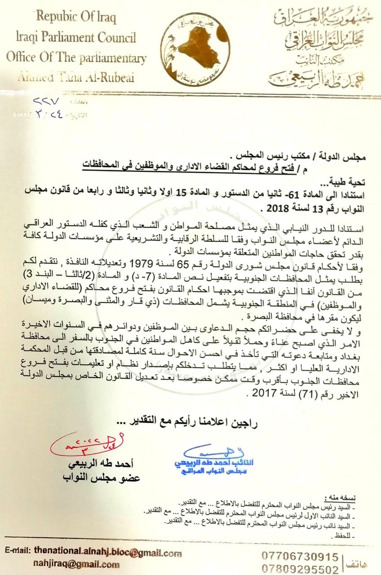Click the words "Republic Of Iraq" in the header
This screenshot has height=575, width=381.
(x=76, y=18)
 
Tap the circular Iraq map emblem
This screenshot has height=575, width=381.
(x=194, y=49)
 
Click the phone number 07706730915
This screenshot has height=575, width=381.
(x=300, y=557)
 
